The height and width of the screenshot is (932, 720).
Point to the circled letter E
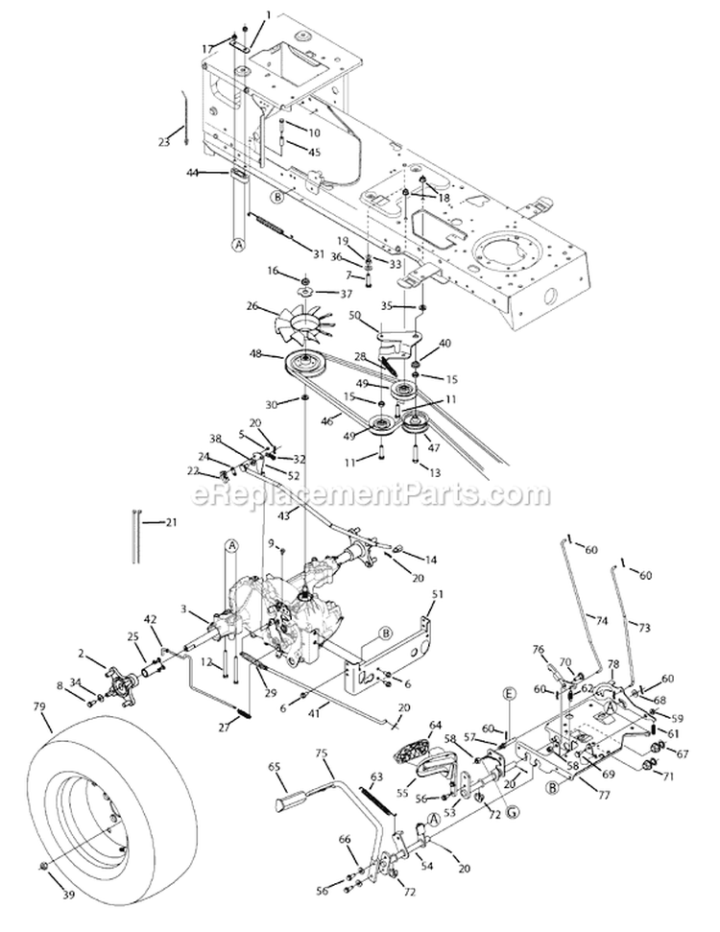coord(509,694)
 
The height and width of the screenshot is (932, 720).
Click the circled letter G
coord(510,795)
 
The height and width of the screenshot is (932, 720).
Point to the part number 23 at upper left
coord(164,141)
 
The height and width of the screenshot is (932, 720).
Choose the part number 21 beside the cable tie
coord(171,522)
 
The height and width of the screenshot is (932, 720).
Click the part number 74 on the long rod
coord(602,621)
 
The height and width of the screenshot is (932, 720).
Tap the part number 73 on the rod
coord(644,627)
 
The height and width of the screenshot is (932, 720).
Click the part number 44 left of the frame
coord(192,173)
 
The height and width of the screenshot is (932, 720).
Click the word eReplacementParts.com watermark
coord(371,494)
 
